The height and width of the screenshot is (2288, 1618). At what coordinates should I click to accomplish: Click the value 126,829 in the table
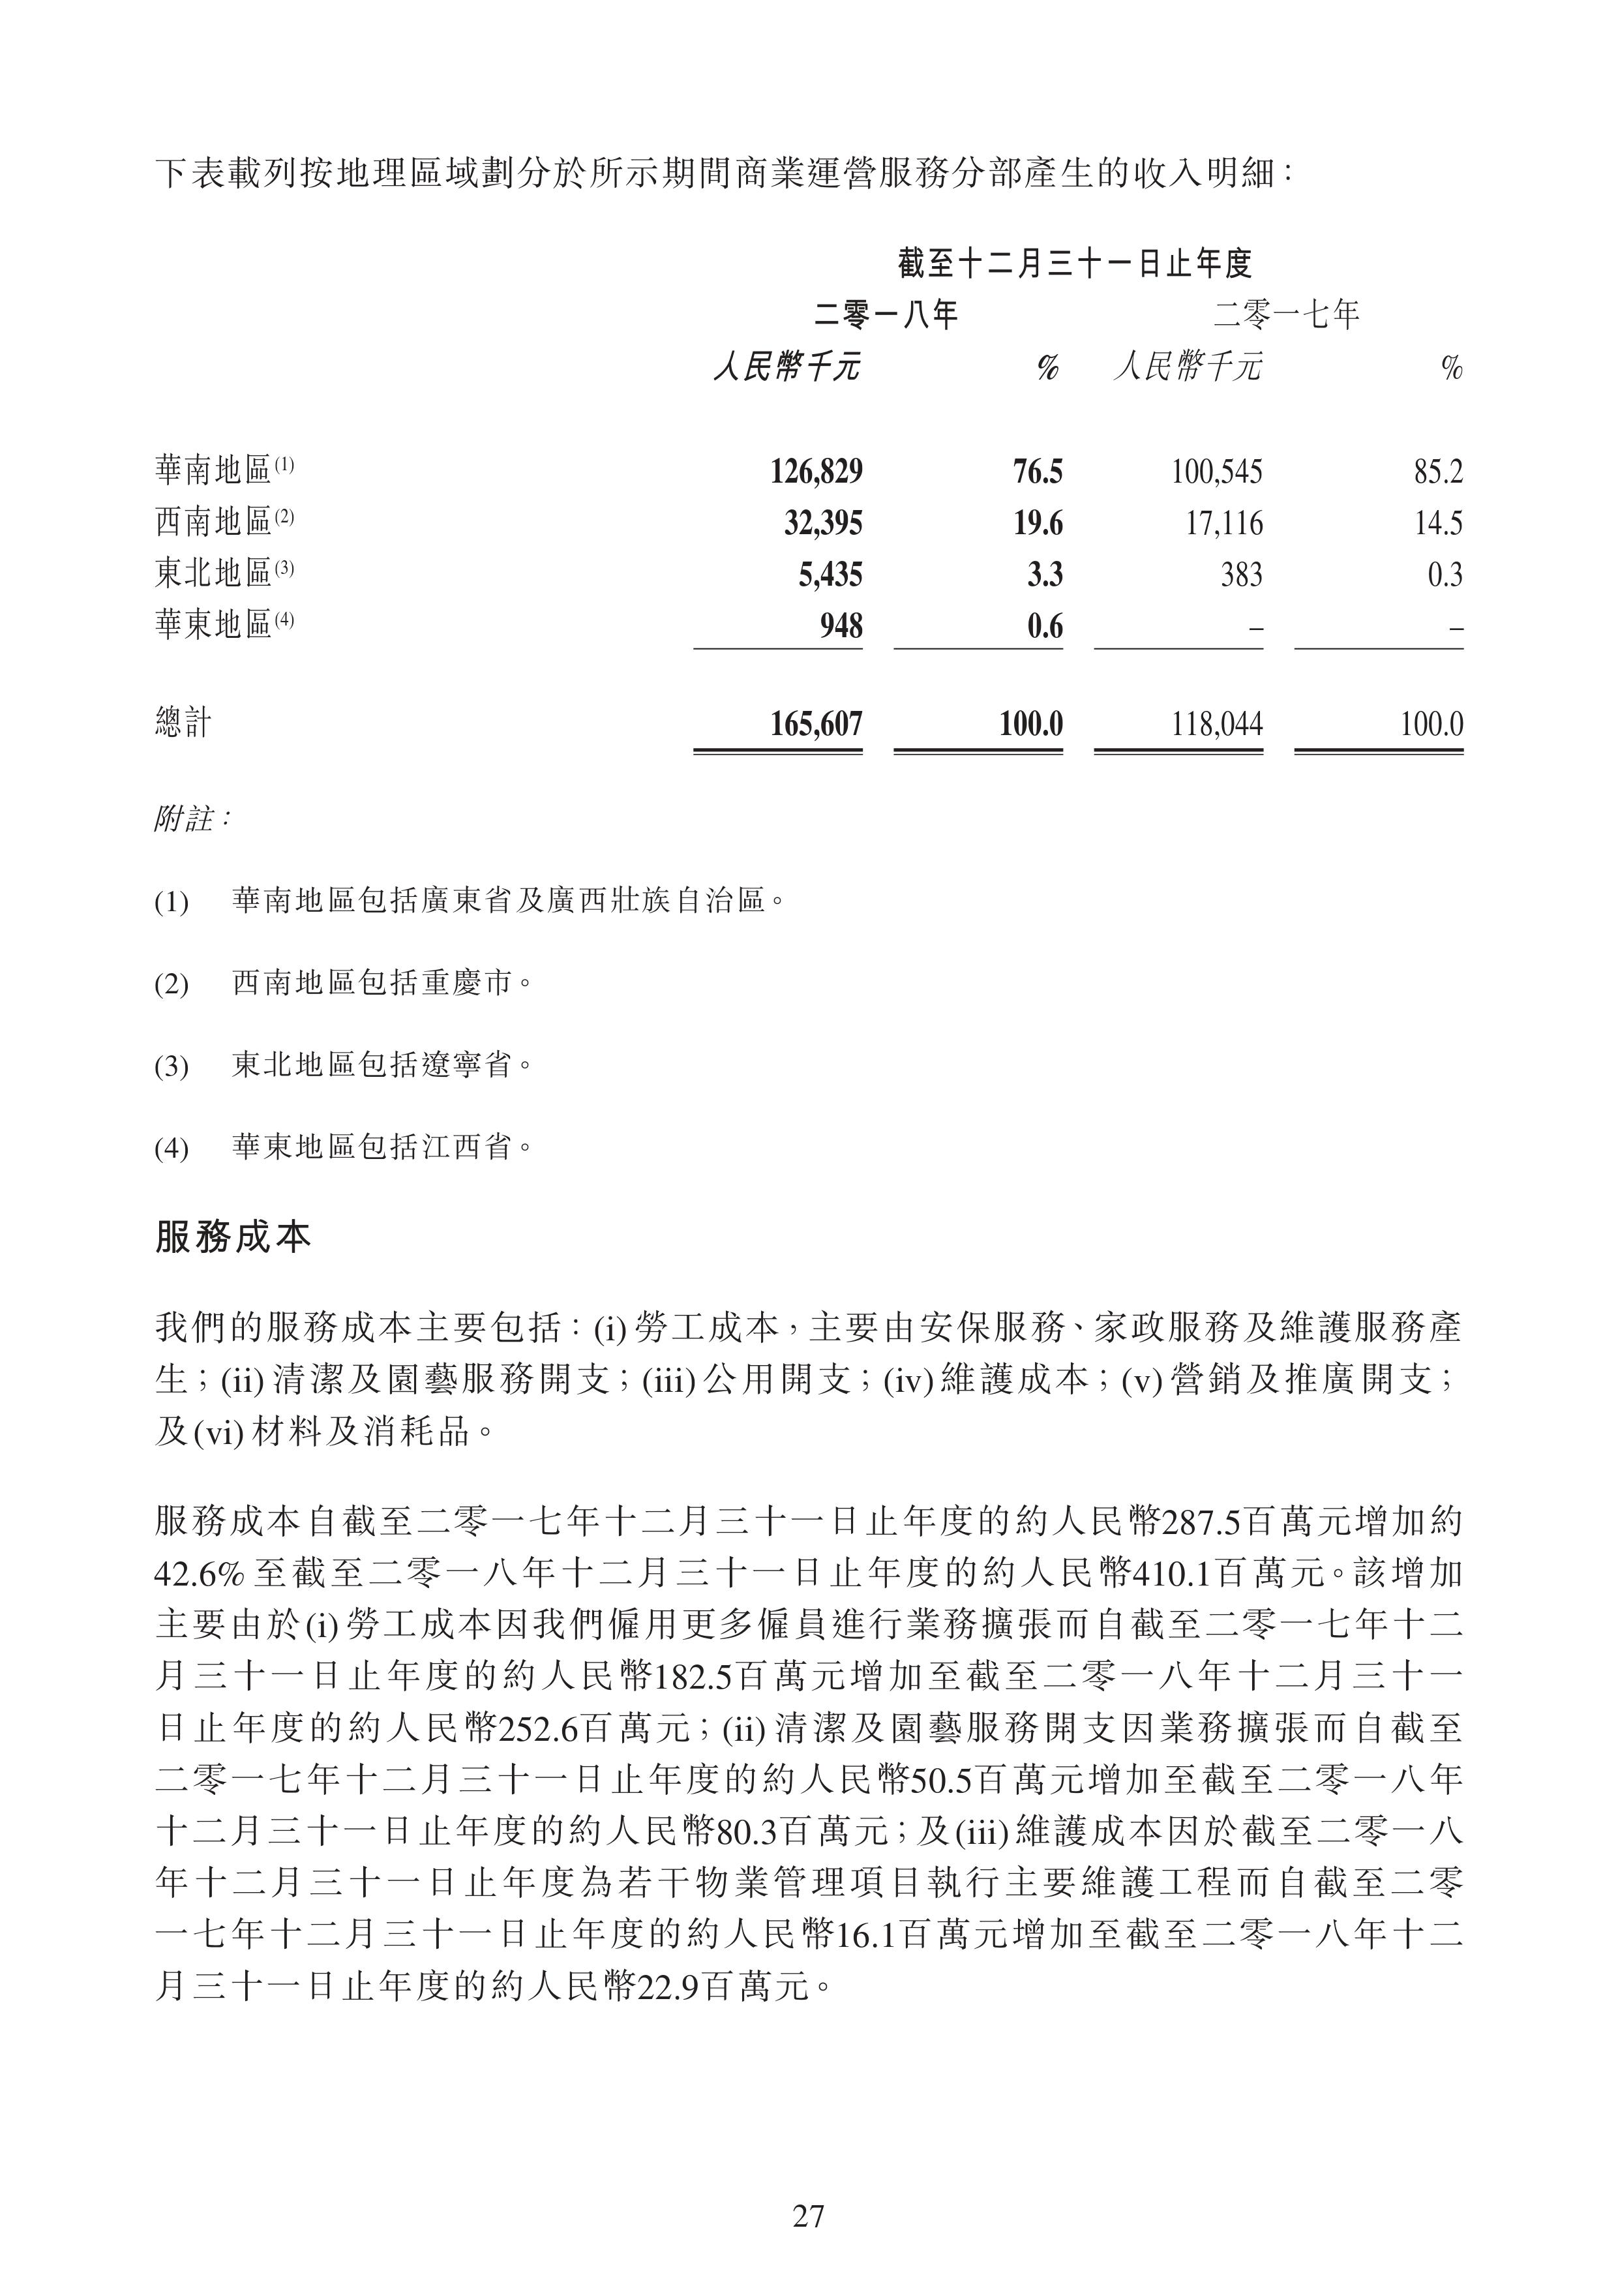coord(816,472)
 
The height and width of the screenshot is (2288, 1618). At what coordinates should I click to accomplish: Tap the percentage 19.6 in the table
coord(1038,523)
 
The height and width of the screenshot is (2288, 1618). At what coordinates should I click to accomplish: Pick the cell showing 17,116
coord(1223,523)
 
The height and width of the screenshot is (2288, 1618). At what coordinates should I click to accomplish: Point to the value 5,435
coord(830,575)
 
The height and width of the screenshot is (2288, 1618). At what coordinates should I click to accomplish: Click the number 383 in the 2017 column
coord(1242,575)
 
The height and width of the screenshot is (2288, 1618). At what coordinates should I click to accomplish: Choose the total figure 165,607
coord(816,723)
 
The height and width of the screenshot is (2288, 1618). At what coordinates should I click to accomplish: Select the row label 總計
coord(183,723)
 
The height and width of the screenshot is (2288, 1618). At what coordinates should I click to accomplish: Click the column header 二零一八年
coord(886,316)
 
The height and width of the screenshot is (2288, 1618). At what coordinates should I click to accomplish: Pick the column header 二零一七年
coord(1286,316)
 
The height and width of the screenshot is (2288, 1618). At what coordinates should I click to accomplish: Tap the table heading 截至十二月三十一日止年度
coord(1074,264)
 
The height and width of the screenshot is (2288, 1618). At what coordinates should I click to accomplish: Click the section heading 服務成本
coord(233,1237)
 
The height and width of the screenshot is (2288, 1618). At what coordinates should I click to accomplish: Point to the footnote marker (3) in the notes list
coord(172,1067)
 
